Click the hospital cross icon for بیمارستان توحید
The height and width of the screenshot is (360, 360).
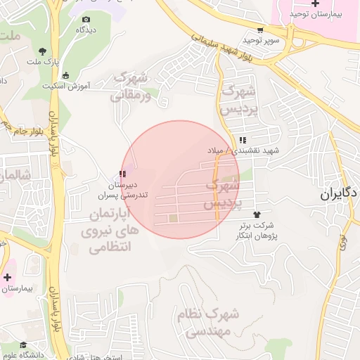(304, 4)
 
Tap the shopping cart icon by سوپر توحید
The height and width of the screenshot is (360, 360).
(260, 30)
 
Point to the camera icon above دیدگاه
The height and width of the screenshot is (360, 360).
(86, 19)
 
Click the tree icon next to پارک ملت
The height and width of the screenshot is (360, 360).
(43, 50)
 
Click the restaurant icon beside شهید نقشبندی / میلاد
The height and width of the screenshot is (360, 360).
(243, 139)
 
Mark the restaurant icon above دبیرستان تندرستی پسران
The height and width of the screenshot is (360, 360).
(122, 173)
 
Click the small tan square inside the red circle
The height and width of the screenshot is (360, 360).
(174, 219)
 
